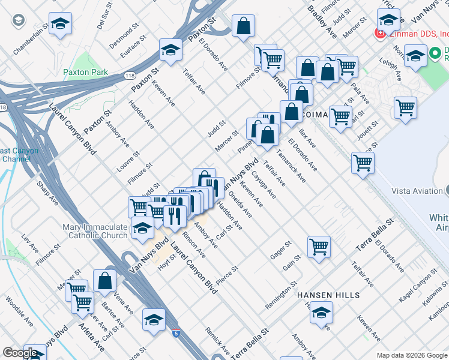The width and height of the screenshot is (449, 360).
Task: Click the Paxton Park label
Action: pyautogui.click(x=85, y=73)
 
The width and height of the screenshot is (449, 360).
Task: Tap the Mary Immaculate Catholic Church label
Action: pyautogui.click(x=95, y=231)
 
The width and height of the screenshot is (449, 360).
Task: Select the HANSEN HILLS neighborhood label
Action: pyautogui.click(x=329, y=296)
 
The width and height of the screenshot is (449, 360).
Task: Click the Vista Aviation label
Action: pyautogui.click(x=417, y=191)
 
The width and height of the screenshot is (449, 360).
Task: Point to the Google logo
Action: pyautogui.click(x=20, y=353)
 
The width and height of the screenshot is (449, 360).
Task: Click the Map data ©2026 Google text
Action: pyautogui.click(x=412, y=355)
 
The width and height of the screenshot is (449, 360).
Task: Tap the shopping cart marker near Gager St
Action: pyautogui.click(x=319, y=245)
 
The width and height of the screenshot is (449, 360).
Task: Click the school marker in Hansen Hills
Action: pyautogui.click(x=321, y=312)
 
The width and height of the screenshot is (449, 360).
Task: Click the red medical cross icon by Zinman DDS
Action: pyautogui.click(x=380, y=32)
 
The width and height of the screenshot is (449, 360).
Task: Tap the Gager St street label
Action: pyautogui.click(x=280, y=250)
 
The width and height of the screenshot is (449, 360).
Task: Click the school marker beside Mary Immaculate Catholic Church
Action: pyautogui.click(x=142, y=228)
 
